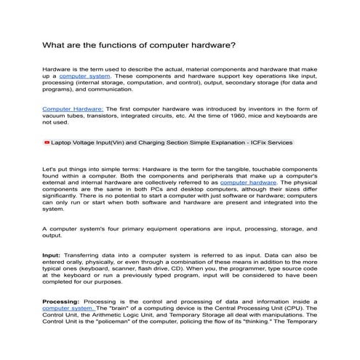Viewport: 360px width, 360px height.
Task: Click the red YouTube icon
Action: click(x=47, y=143)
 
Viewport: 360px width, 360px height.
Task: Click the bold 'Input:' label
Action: click(x=52, y=256)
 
